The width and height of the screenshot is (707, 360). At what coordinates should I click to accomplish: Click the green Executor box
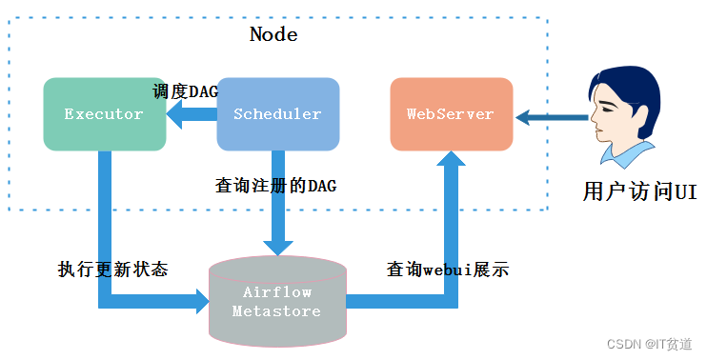point(105,114)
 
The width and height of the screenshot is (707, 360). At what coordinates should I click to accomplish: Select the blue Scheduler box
point(277,114)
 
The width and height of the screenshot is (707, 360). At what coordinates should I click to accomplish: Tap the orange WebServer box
point(451,114)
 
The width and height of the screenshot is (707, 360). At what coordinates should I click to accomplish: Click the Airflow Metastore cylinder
point(276,301)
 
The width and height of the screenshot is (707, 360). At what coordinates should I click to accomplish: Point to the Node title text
point(273,35)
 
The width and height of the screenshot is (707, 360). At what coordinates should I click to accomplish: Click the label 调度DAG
point(185,91)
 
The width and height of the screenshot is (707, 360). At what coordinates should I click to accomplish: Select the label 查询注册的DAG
point(276,186)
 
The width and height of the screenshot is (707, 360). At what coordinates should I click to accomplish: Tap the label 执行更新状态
point(112,270)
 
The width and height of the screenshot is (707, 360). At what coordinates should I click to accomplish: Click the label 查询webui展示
point(447,270)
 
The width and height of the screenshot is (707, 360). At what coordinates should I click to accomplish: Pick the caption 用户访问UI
point(639,191)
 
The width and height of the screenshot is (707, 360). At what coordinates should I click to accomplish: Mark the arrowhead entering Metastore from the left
point(199,302)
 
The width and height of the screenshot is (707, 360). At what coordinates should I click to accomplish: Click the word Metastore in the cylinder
point(276,311)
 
